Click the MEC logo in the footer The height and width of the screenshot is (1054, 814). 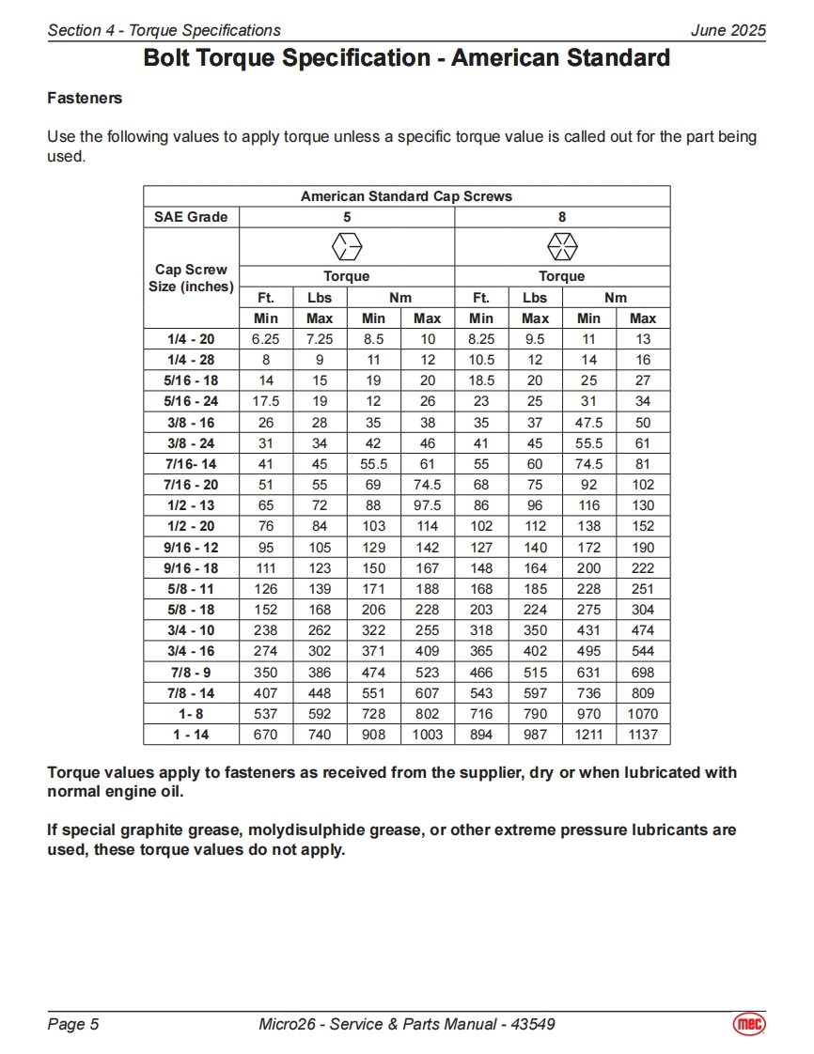click(749, 1023)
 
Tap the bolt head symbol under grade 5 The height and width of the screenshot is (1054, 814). click(347, 247)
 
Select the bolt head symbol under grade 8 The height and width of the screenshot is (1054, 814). click(562, 247)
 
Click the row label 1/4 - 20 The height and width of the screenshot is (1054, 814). click(191, 339)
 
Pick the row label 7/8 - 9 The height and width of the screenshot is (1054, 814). click(191, 673)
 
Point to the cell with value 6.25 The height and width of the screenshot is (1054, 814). click(266, 339)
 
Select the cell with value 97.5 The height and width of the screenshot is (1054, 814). click(428, 505)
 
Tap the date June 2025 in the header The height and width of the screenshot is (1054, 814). click(728, 30)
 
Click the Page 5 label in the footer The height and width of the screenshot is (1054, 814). click(73, 1024)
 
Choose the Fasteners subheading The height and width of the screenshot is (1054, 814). click(85, 98)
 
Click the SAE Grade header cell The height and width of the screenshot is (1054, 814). click(191, 217)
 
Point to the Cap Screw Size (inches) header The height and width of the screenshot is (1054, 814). click(191, 278)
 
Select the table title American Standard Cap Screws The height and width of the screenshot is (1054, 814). click(406, 196)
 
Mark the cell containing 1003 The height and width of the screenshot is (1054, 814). click(428, 735)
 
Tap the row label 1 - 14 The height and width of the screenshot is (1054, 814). click(191, 735)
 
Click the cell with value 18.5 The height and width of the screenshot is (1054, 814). click(481, 380)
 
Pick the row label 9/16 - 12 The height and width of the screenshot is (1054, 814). click(191, 548)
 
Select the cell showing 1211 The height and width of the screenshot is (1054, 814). click(588, 735)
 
